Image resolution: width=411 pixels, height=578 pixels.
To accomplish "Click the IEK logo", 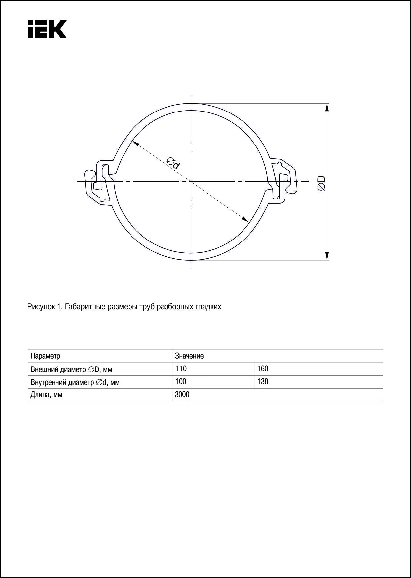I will (x=47, y=29).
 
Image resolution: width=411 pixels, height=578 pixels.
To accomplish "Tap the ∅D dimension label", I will (x=321, y=183).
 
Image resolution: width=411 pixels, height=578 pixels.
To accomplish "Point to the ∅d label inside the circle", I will (x=173, y=163).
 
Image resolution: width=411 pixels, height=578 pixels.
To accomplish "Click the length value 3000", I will (x=182, y=395).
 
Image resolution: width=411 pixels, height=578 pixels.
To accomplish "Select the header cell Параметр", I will (x=46, y=356).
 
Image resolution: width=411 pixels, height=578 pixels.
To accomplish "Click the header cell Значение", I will (x=189, y=356).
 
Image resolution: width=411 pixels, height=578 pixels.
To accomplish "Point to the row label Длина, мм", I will (x=46, y=395).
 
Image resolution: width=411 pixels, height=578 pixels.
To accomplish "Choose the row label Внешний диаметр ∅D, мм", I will (x=71, y=369).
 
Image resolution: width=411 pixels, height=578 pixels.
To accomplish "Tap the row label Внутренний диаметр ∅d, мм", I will (x=75, y=382).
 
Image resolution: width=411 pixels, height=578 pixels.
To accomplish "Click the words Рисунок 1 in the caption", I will (x=45, y=307).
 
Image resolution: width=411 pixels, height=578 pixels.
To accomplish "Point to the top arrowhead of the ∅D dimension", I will (x=327, y=108).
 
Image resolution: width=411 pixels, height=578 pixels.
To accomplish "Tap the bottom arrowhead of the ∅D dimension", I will (x=327, y=256).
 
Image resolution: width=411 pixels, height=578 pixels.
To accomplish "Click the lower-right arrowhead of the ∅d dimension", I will (x=245, y=219).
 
